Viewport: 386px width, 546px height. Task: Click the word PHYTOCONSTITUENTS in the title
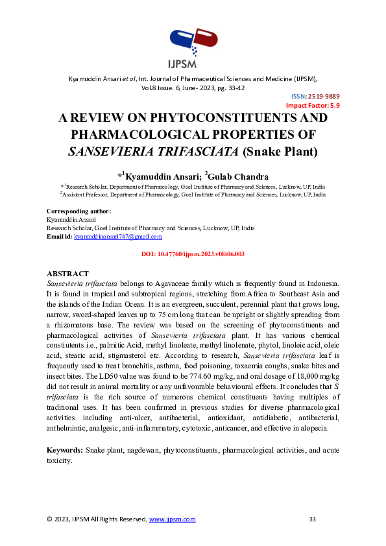(223, 119)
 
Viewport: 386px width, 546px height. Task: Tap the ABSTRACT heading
(68, 274)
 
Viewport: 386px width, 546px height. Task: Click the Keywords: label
(65, 449)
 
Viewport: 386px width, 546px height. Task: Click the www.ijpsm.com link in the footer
(173, 519)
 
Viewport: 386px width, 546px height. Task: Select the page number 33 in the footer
(312, 519)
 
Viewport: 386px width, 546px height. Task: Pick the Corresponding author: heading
(79, 211)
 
